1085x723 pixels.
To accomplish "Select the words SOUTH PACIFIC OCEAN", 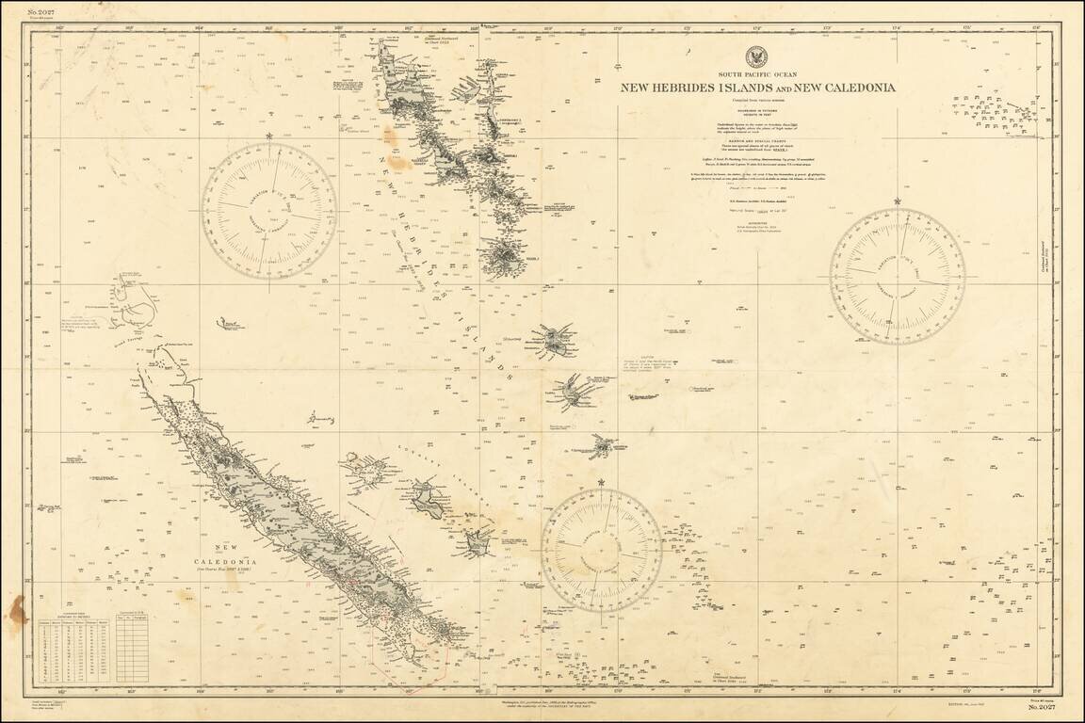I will pos(756,73).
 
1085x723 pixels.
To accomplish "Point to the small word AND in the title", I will pos(782,88).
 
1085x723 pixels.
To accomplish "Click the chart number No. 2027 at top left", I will pos(42,11).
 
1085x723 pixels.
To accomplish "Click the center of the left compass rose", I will pos(268,211).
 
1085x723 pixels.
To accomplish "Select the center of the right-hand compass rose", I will pos(898,276).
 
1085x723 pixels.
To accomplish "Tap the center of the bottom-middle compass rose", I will pos(601,552).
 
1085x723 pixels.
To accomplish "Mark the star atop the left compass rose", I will pos(269,137).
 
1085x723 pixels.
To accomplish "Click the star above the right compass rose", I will pos(898,201).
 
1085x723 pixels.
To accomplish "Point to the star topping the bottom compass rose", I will pos(601,483).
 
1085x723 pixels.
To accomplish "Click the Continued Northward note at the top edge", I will pos(439,40).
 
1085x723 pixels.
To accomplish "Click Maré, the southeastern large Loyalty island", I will pos(478,541).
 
